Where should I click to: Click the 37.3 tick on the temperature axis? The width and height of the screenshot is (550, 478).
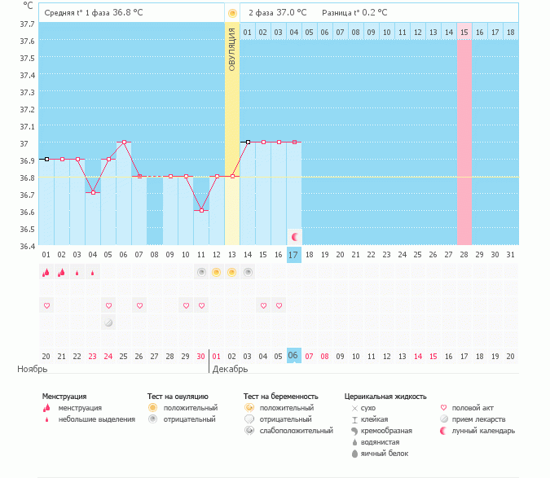[x=28, y=93]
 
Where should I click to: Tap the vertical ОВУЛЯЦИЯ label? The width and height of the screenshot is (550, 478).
[x=232, y=50]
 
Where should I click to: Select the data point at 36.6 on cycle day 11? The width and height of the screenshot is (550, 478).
[x=201, y=211]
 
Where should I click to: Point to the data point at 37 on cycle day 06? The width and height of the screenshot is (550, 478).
[x=124, y=143]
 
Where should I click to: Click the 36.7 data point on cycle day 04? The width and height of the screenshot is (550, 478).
[x=93, y=193]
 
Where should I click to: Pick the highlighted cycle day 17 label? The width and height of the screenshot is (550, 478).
[x=293, y=255]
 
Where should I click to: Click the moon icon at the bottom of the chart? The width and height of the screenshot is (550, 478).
[x=295, y=237]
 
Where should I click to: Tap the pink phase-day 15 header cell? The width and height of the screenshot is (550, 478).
[x=464, y=33]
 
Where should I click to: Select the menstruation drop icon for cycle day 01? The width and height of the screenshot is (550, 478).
[x=46, y=272]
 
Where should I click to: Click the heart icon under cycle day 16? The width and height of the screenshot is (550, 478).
[x=279, y=305]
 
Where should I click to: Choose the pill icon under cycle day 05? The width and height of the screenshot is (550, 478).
[x=108, y=322]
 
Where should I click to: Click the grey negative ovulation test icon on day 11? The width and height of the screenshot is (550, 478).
[x=201, y=272]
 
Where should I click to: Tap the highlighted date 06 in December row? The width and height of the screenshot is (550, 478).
[x=293, y=356]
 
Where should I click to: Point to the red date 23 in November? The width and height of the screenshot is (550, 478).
[x=92, y=357]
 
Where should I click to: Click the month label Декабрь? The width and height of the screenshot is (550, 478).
[x=230, y=369]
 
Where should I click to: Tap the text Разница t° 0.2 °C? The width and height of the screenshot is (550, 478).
[x=354, y=13]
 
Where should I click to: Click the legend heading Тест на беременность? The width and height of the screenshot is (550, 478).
[x=280, y=397]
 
